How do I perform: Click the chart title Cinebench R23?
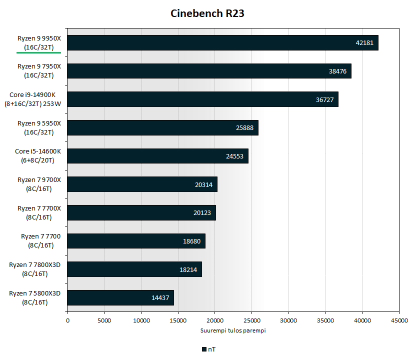click(x=207, y=13)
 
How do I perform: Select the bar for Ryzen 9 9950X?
click(x=222, y=43)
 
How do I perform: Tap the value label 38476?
click(x=337, y=71)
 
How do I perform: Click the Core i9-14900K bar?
click(x=202, y=99)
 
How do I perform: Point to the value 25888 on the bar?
click(x=244, y=128)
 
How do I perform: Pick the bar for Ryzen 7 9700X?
click(x=142, y=184)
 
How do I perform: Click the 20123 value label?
click(x=202, y=213)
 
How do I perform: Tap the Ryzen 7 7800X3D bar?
click(x=134, y=269)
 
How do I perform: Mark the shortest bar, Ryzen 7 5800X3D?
click(x=120, y=298)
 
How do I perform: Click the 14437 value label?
click(x=160, y=298)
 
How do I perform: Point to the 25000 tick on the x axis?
click(x=251, y=320)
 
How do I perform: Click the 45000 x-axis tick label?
click(x=398, y=320)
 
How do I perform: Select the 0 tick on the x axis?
click(x=67, y=320)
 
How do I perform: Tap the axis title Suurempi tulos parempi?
click(x=233, y=330)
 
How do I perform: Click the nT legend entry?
click(x=209, y=349)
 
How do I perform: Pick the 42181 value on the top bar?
click(x=364, y=43)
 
